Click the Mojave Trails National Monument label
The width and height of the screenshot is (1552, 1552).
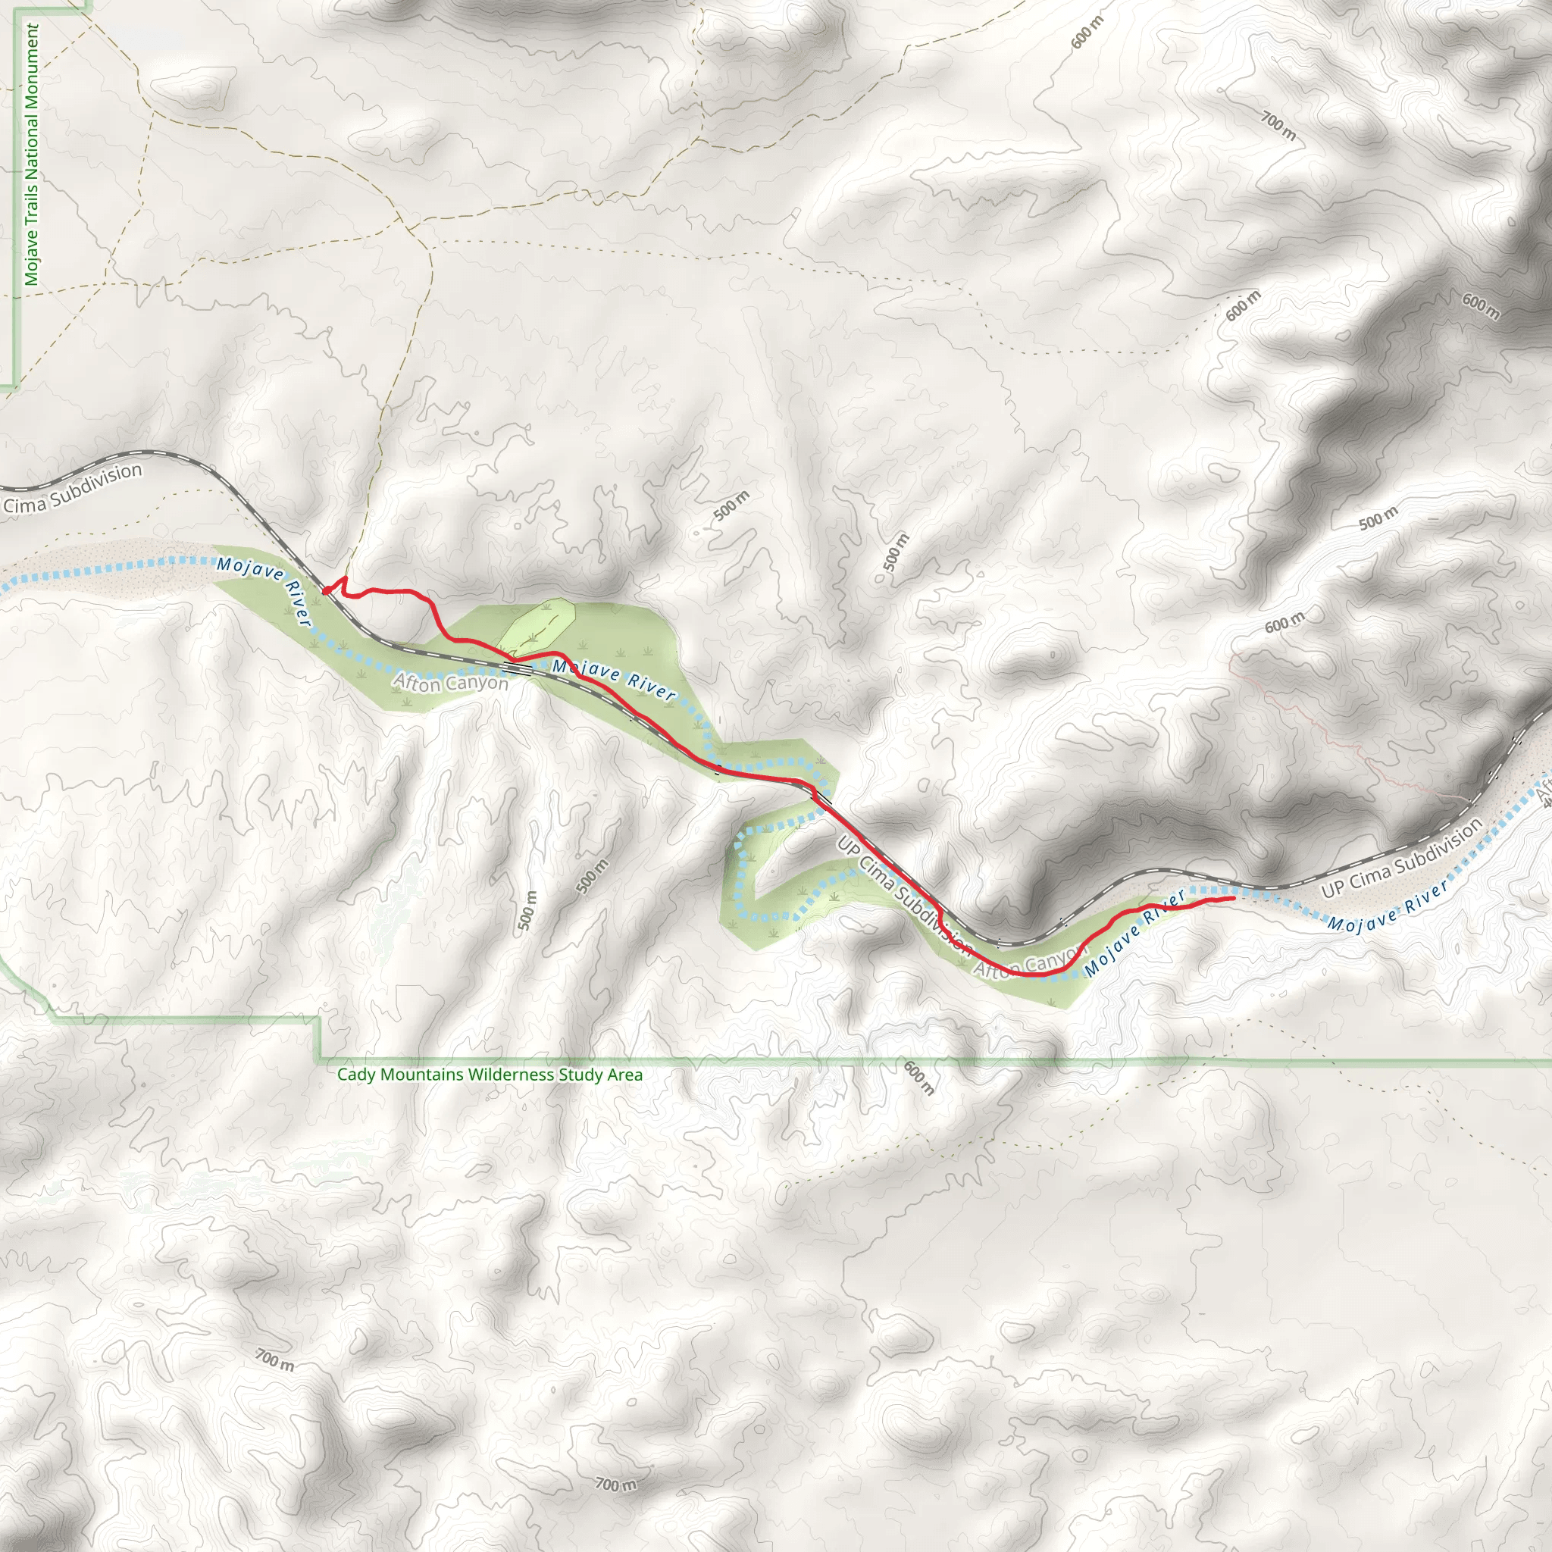point(30,155)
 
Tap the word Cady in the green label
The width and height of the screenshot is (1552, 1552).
point(353,1074)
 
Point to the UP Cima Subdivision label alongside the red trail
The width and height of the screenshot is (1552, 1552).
point(905,896)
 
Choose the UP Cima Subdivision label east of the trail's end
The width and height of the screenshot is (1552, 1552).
point(1401,859)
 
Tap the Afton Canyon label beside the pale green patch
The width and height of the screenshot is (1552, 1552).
point(450,683)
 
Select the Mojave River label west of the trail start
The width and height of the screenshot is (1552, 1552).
point(264,591)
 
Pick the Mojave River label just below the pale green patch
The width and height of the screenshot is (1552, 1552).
point(614,679)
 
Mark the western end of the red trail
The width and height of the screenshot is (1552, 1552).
point(325,590)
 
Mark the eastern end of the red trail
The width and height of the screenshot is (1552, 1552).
point(1233,898)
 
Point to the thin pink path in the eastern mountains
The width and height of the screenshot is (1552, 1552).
point(1325,723)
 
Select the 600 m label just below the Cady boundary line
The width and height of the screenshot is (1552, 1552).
point(918,1078)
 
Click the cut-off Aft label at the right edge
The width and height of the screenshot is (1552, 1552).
point(1544,795)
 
